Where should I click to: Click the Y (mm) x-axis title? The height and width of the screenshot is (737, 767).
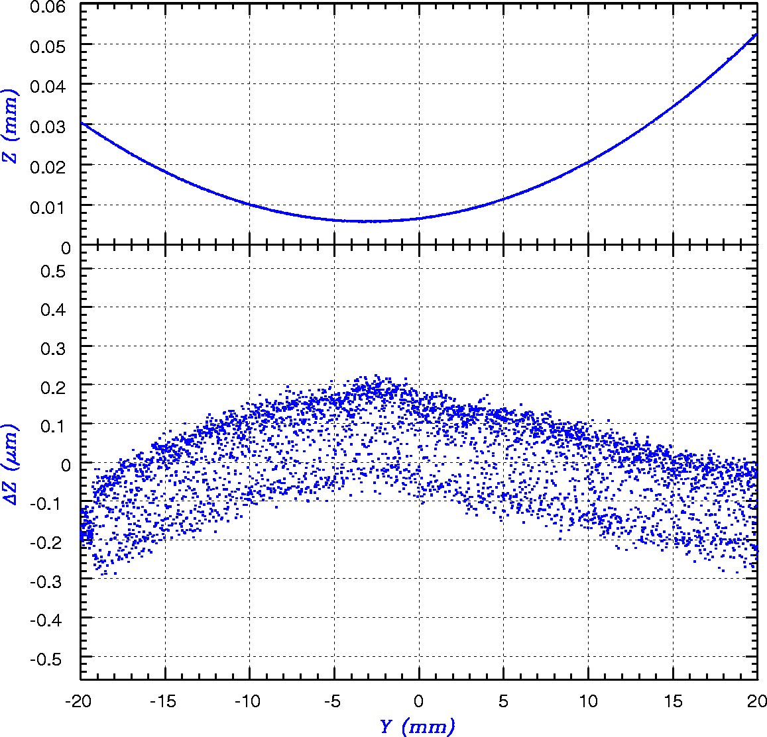418,726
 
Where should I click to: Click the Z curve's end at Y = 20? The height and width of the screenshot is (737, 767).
757,34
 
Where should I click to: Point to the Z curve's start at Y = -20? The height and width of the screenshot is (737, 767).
81,123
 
